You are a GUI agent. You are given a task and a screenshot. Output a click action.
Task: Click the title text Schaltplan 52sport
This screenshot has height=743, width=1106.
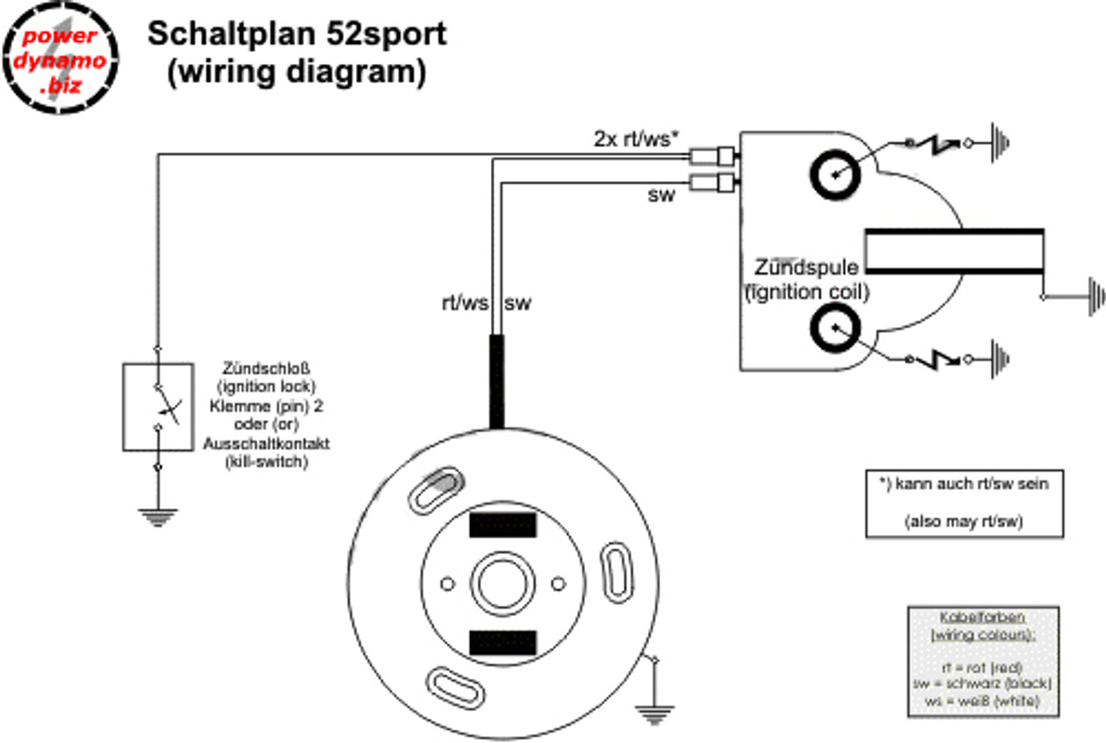click(x=297, y=35)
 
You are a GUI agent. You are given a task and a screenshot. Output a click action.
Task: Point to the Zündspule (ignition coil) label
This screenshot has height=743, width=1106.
click(x=806, y=279)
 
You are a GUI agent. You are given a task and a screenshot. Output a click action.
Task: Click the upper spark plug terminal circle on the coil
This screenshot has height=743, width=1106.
click(x=835, y=176)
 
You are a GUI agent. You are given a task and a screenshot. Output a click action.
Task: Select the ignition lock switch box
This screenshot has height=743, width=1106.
click(x=157, y=406)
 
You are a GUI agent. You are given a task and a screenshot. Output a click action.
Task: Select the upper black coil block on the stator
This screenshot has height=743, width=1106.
click(x=503, y=524)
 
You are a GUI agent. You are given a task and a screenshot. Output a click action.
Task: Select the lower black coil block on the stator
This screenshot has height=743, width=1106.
click(x=503, y=641)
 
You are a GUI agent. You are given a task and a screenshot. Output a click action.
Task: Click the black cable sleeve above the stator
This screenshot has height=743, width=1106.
click(x=497, y=380)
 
